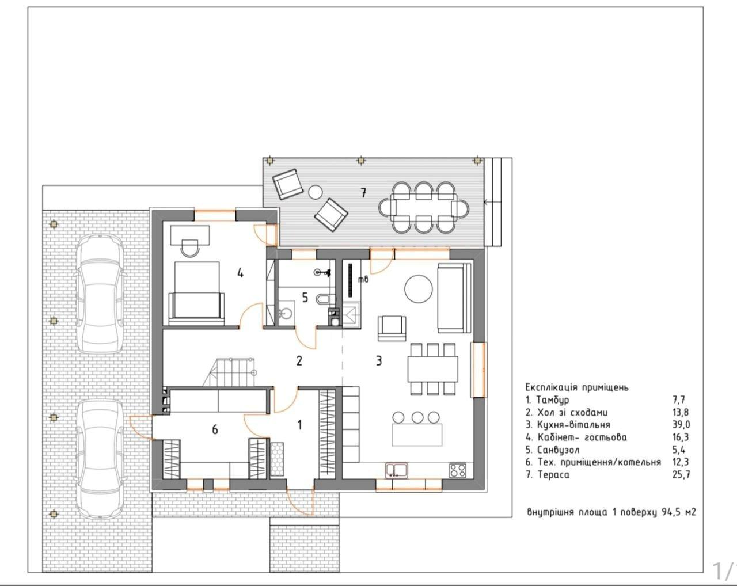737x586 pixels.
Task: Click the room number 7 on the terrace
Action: pos(363,193)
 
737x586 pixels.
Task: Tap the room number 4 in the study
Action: pos(241,273)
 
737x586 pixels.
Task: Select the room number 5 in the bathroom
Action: pos(305,298)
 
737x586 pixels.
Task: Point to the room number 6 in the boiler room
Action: pos(215,429)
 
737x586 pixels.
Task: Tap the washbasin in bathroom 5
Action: pos(286,313)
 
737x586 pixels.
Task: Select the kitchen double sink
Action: pos(397,470)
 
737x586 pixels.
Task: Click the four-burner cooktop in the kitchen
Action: pos(458,470)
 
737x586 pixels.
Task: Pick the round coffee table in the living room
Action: pos(419,289)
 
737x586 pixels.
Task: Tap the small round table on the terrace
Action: pos(315,192)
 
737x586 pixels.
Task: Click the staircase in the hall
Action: pos(230,372)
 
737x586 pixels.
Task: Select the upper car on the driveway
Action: pos(99,294)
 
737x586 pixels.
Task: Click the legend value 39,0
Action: pos(681,425)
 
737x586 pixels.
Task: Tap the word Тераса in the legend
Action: pos(553,475)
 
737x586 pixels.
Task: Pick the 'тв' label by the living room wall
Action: pos(363,279)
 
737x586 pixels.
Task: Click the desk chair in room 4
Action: pos(189,248)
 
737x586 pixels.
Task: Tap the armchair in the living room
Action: pos(392,328)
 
